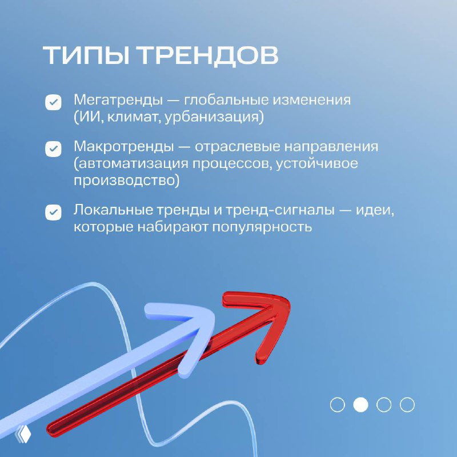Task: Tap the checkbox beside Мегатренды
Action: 53,103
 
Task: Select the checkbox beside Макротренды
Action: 53,149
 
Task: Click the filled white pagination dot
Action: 360,405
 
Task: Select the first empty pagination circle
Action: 338,405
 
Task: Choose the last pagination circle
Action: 407,405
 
